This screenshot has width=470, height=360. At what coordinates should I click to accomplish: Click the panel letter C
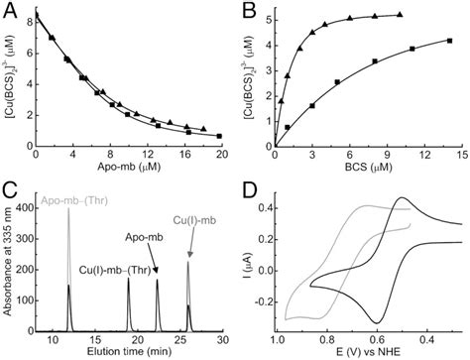click(9, 186)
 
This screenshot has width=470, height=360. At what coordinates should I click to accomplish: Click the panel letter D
click(248, 186)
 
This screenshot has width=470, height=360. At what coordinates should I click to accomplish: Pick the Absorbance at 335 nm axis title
click(10, 264)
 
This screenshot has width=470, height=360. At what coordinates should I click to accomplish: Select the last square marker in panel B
click(450, 41)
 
